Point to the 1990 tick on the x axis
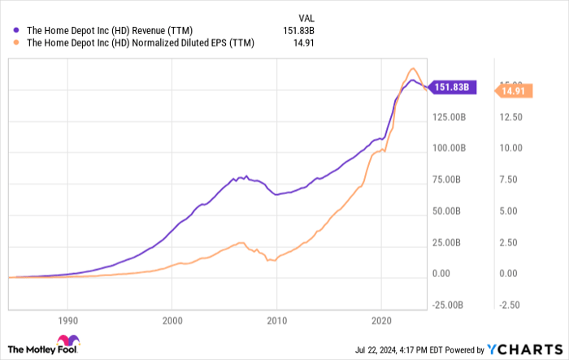[67, 320]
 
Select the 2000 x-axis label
[172, 320]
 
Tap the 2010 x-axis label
[277, 320]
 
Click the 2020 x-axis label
[382, 320]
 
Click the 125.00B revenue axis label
[450, 117]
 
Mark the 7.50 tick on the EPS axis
[510, 180]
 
